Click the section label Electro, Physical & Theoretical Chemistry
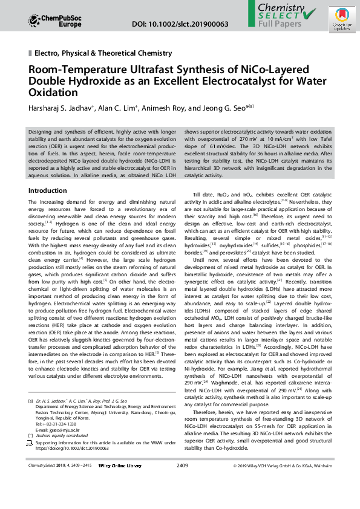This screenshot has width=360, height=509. [x=103, y=53]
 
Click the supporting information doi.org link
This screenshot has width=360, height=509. [x=73, y=465]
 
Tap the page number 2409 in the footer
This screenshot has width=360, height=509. [x=182, y=482]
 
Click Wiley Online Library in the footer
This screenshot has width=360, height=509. [x=120, y=482]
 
